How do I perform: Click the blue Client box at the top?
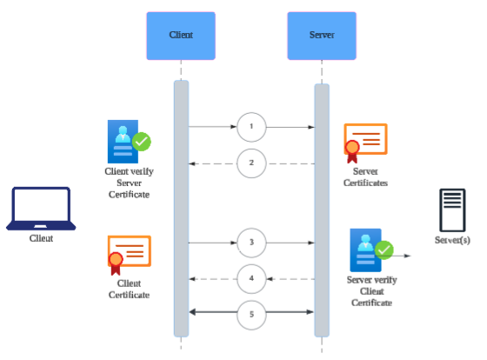pyautogui.click(x=181, y=36)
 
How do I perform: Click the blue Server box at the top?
pyautogui.click(x=322, y=36)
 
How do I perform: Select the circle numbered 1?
pyautogui.click(x=251, y=127)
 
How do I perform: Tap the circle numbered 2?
pyautogui.click(x=251, y=163)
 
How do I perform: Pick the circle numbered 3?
pyautogui.click(x=251, y=242)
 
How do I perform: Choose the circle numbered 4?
pyautogui.click(x=251, y=278)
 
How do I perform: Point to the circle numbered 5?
pyautogui.click(x=251, y=312)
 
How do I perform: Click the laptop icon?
pyautogui.click(x=40, y=208)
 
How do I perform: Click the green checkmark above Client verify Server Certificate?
pyautogui.click(x=142, y=140)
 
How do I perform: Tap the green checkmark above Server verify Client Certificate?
pyautogui.click(x=384, y=250)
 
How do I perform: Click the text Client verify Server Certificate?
pyautogui.click(x=128, y=183)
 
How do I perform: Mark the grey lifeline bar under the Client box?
pyautogui.click(x=181, y=209)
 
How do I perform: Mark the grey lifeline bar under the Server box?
pyautogui.click(x=322, y=209)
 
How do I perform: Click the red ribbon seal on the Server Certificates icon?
pyautogui.click(x=352, y=151)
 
